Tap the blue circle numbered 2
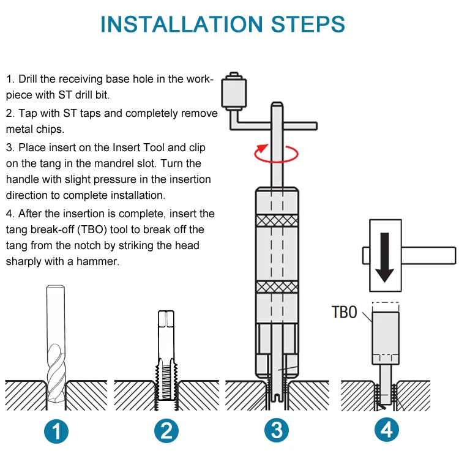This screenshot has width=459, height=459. point(166,431)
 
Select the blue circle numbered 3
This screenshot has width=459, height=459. point(277,431)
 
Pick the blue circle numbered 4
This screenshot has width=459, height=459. point(386,431)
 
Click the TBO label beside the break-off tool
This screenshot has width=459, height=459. point(344,312)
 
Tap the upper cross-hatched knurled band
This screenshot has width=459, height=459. point(277,220)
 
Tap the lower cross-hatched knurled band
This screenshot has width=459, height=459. point(277,286)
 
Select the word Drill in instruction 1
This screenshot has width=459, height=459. point(31,79)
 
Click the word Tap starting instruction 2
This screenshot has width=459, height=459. point(28,113)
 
